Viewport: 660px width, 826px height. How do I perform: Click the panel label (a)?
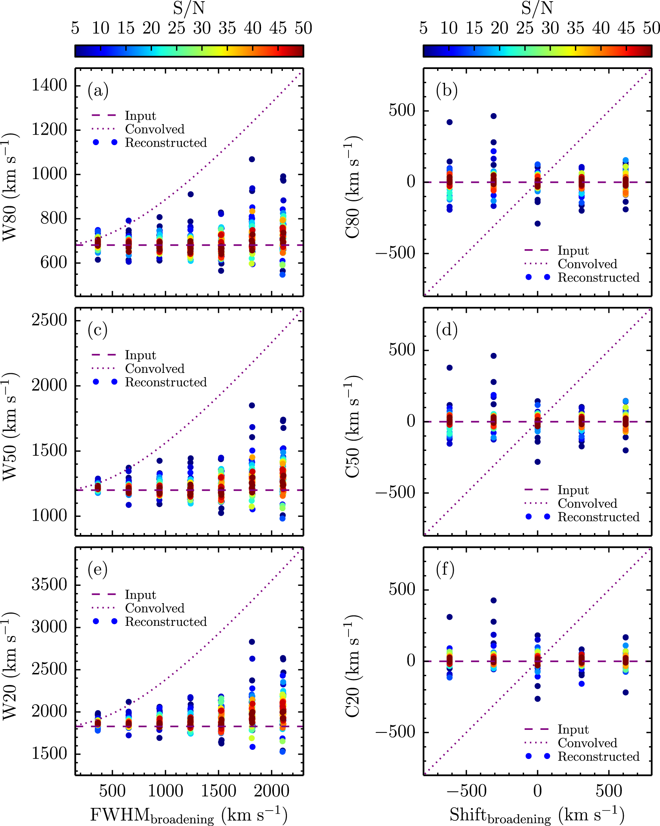click(98, 91)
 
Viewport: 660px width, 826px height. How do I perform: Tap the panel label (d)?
click(447, 330)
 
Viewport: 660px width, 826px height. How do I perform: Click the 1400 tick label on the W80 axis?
click(49, 85)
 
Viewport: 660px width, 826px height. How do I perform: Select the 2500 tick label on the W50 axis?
click(49, 320)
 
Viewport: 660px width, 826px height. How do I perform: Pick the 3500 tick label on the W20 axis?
click(49, 585)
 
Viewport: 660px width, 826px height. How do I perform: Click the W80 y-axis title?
click(11, 187)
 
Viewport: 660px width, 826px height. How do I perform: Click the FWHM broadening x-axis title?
click(189, 814)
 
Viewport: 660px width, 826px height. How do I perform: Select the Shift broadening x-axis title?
click(537, 814)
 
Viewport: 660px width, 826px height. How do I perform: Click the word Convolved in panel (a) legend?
click(155, 129)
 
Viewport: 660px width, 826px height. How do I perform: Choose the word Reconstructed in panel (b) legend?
click(598, 277)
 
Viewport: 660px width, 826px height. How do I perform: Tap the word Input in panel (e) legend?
click(140, 595)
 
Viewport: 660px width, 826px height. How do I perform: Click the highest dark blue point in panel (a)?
click(252, 159)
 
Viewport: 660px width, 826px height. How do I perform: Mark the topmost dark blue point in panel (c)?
click(252, 405)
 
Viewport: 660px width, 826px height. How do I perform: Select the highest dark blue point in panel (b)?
click(494, 116)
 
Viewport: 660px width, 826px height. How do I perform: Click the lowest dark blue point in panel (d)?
click(538, 462)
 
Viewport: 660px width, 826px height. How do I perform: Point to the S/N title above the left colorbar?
click(189, 8)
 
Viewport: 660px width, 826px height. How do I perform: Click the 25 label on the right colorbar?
click(525, 28)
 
